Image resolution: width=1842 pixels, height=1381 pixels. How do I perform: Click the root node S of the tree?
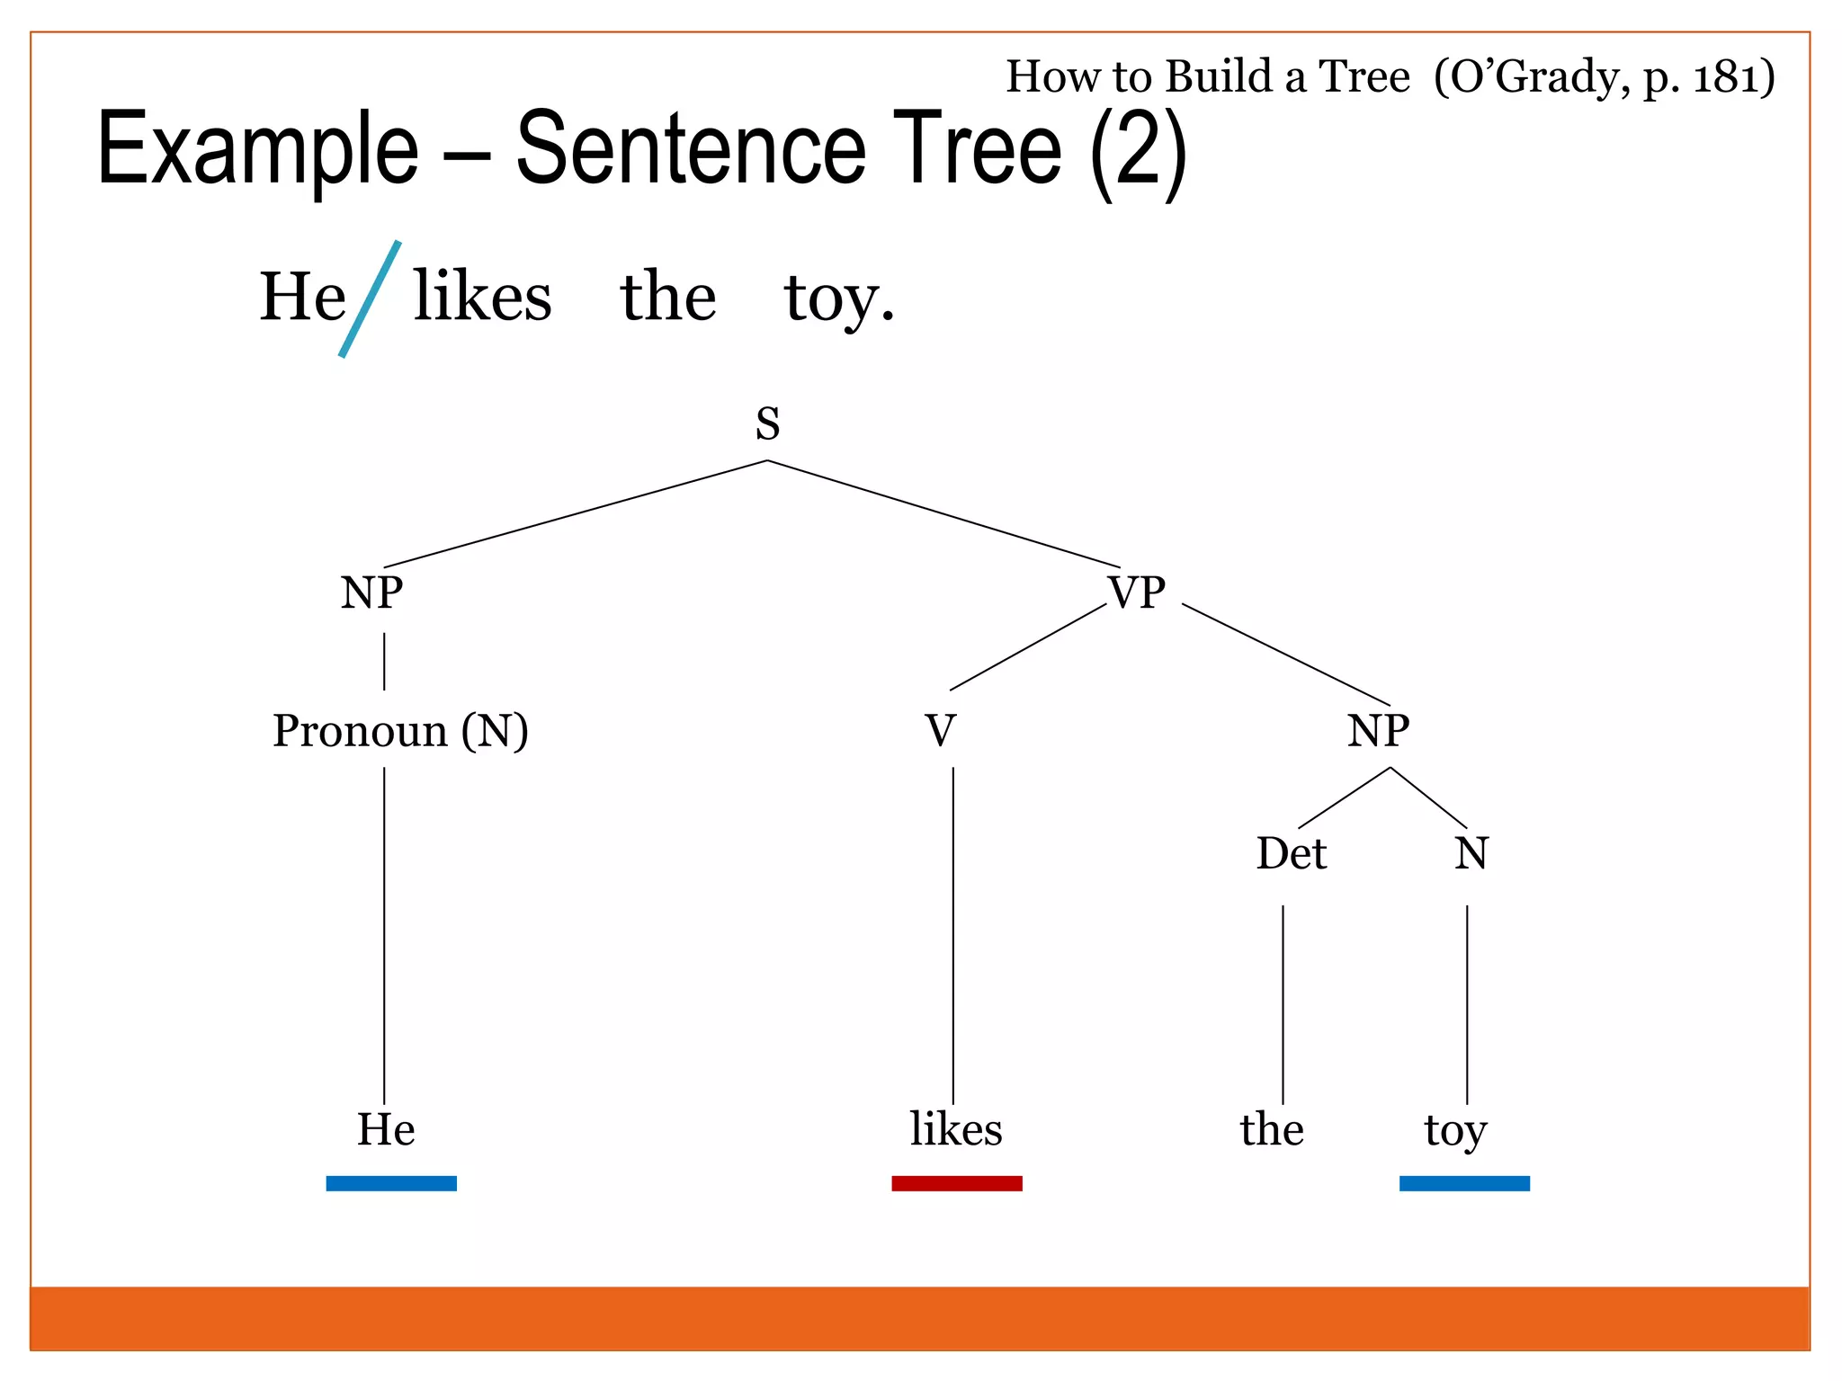pos(767,423)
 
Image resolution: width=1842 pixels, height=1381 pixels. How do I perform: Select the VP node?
pos(1136,593)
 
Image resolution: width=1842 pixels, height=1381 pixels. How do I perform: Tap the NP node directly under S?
pos(371,593)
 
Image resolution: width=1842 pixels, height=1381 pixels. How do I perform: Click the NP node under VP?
pos(1378,730)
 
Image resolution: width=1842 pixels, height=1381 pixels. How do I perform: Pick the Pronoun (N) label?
pos(400,730)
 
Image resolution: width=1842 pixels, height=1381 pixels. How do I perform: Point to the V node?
pos(940,730)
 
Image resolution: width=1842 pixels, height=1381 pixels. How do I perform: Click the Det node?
pos(1291,853)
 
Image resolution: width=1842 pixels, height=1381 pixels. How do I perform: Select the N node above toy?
pos(1471,853)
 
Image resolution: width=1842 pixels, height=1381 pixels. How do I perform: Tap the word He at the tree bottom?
pos(386,1129)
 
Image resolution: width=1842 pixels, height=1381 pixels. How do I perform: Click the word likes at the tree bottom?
pos(955,1129)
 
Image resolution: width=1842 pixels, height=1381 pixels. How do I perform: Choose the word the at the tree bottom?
pos(1272,1129)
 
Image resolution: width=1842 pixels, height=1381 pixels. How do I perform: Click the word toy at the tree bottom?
pos(1455,1131)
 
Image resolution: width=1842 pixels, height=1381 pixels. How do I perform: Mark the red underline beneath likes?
pos(956,1183)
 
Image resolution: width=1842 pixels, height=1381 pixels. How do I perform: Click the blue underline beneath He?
pos(391,1183)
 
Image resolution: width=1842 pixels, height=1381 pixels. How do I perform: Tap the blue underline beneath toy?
pos(1464,1183)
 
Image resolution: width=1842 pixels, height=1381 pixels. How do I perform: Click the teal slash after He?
pos(370,298)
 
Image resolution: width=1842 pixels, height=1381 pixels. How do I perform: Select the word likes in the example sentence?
pos(482,297)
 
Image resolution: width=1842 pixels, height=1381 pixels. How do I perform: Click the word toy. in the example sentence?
pos(838,298)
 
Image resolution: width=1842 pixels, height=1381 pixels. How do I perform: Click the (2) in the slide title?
pos(1138,151)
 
